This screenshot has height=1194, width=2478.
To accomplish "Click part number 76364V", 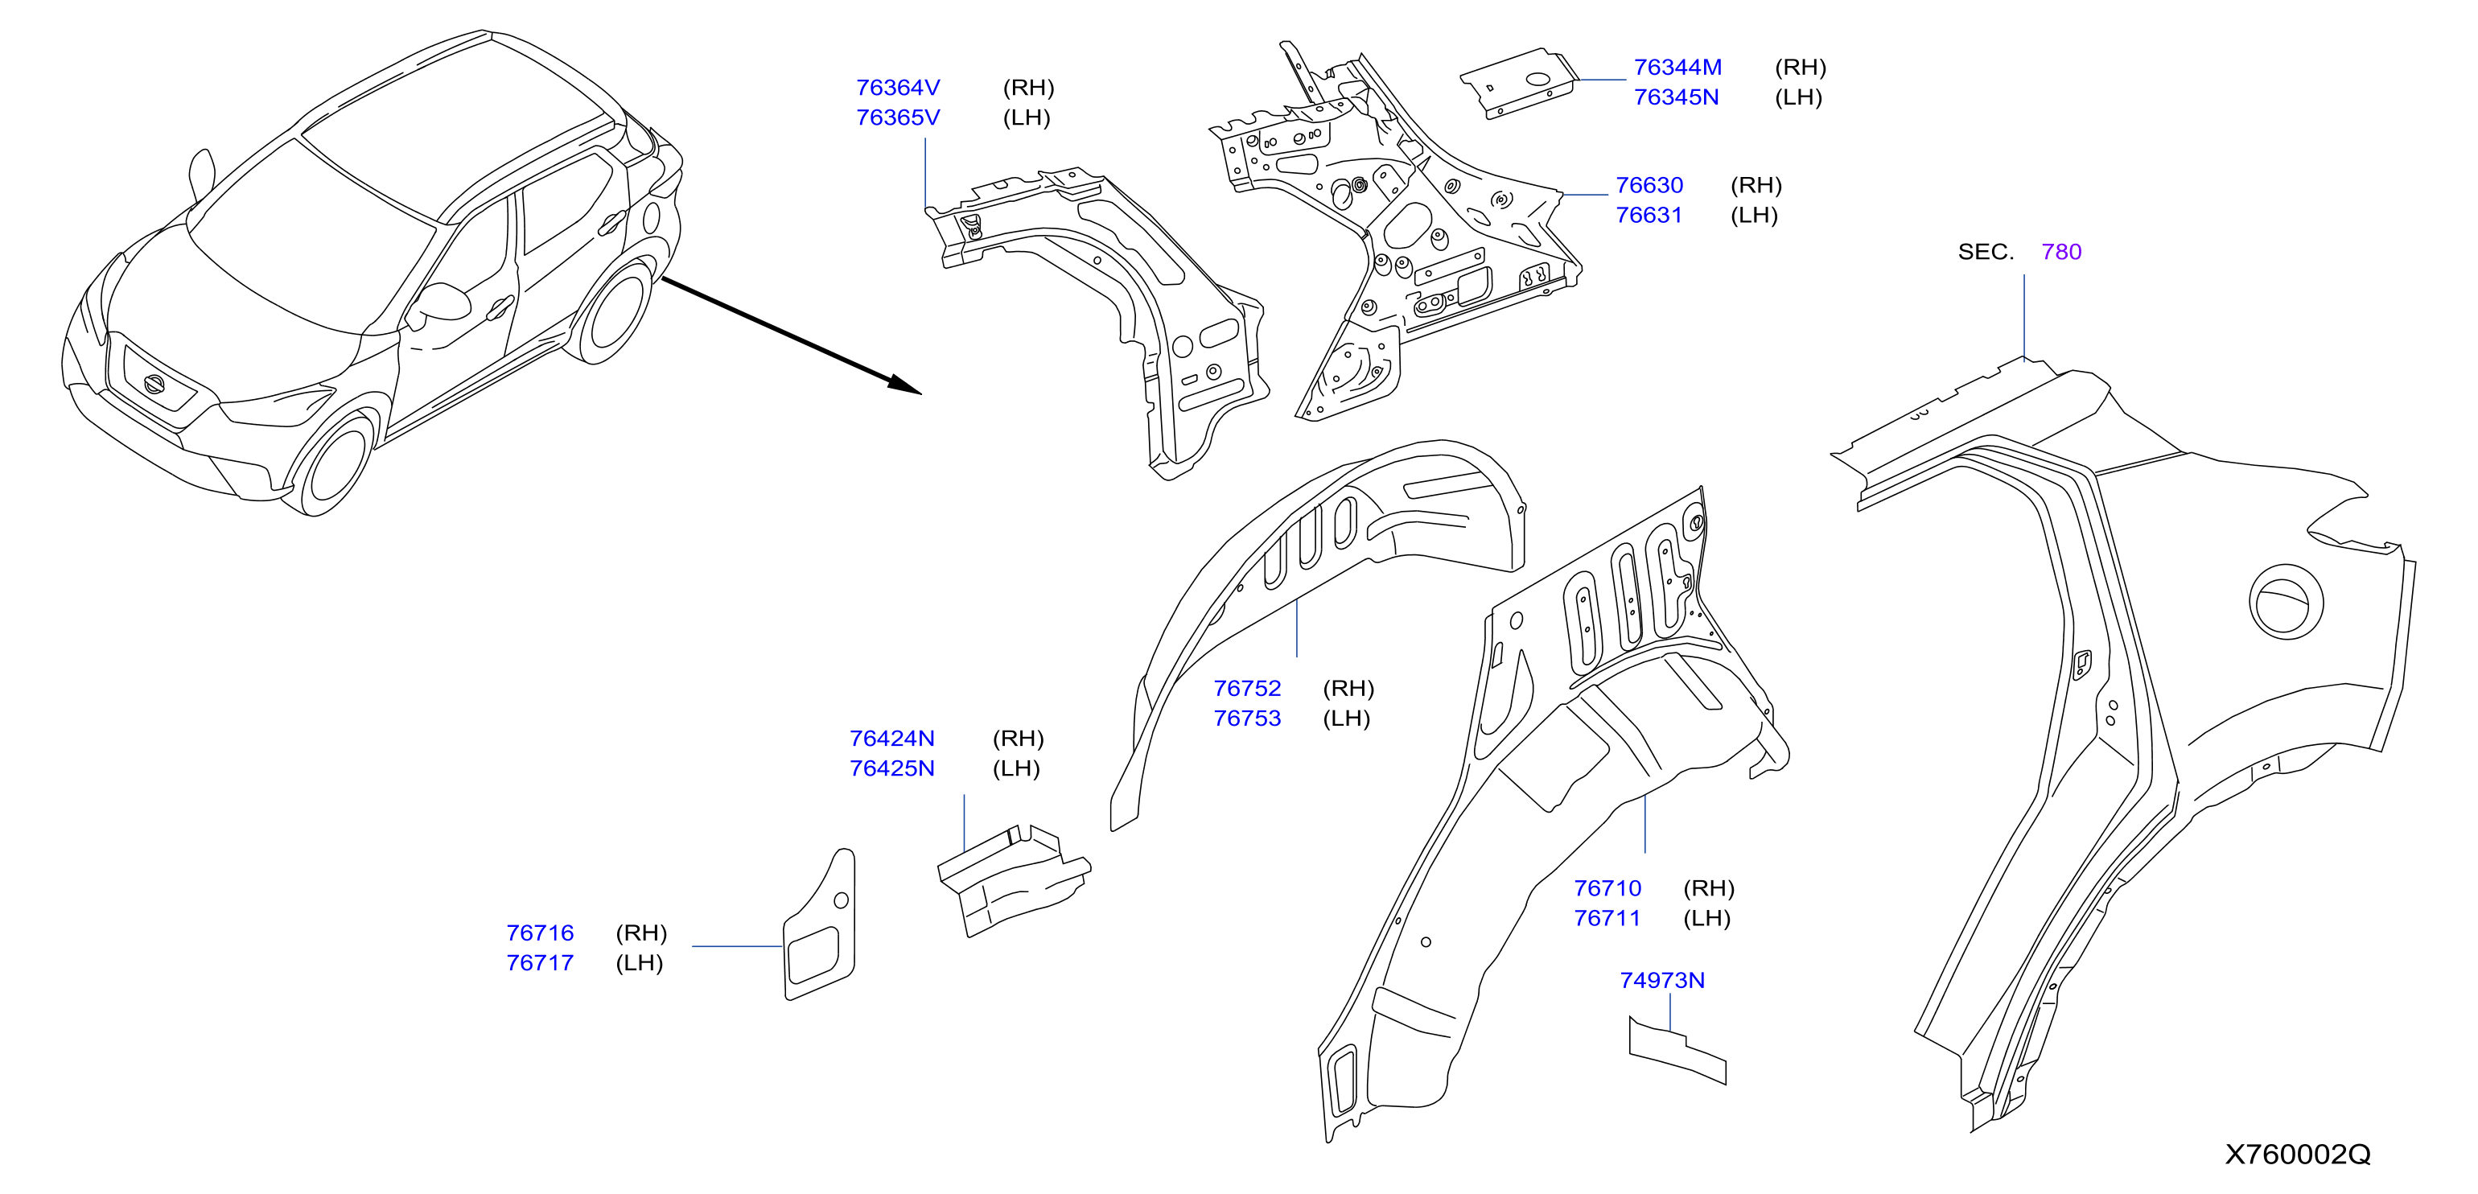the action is pos(898,88).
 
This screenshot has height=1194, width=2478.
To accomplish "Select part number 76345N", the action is pos(1676,97).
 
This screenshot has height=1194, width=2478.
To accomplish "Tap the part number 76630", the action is pos(1649,185).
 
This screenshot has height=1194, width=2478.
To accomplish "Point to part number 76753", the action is pos(1247,718).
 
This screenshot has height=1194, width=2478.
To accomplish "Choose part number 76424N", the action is pos(891,738).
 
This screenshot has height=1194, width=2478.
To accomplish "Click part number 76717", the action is pos(540,962).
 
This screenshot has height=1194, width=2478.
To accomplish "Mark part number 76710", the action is pos(1607,888).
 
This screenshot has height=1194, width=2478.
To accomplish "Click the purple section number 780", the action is pos(2061,251).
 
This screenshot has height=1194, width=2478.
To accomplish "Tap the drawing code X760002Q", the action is pos(2297,1154).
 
